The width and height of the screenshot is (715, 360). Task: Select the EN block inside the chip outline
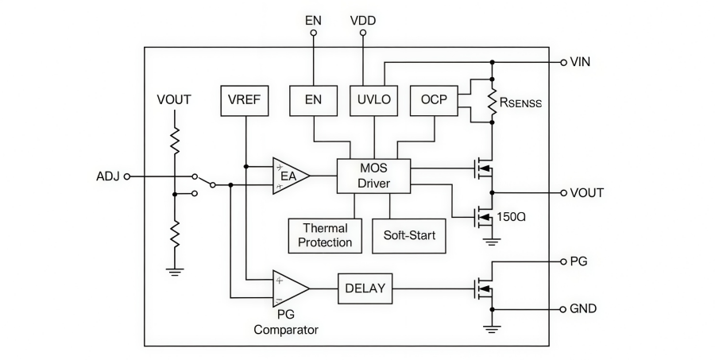click(x=313, y=100)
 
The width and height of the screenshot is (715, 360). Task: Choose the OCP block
click(x=434, y=100)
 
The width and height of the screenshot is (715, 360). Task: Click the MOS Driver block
click(x=373, y=176)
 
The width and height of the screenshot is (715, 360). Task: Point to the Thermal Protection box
click(x=326, y=235)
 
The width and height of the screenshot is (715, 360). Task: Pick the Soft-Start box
click(x=409, y=235)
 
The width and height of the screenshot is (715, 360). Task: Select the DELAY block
click(x=365, y=288)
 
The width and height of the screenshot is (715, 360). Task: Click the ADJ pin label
click(x=107, y=176)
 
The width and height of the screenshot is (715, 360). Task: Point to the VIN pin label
click(x=581, y=62)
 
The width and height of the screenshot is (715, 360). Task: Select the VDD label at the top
click(x=363, y=17)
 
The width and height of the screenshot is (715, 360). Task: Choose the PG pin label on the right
click(x=579, y=261)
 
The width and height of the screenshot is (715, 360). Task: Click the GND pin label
click(x=584, y=308)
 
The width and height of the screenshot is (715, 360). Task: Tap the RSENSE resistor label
click(x=520, y=102)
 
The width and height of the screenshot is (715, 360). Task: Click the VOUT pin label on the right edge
click(x=587, y=192)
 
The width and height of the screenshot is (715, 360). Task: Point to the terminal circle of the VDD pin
click(x=363, y=33)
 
